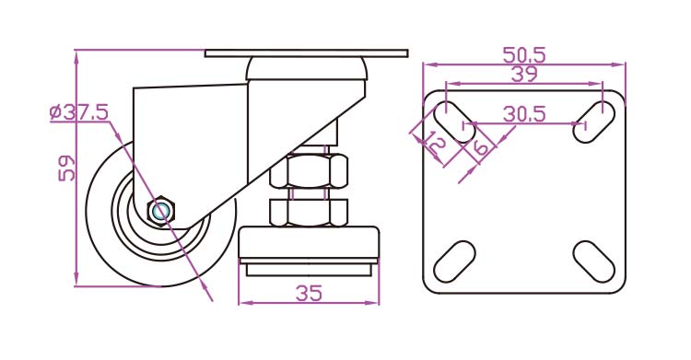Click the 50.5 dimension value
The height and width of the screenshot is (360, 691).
click(x=524, y=55)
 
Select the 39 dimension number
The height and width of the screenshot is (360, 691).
click(x=524, y=74)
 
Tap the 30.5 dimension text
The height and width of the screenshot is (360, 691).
click(x=524, y=113)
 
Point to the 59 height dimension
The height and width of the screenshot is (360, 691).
click(x=67, y=168)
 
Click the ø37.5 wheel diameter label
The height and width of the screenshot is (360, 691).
click(x=79, y=112)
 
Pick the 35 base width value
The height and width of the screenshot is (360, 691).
click(x=309, y=293)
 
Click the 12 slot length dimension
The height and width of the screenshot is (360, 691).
click(x=435, y=144)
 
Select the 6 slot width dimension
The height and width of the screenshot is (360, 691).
click(x=480, y=146)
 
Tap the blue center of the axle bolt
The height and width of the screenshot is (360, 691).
click(x=160, y=211)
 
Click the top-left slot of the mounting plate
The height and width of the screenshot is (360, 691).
click(x=454, y=122)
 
